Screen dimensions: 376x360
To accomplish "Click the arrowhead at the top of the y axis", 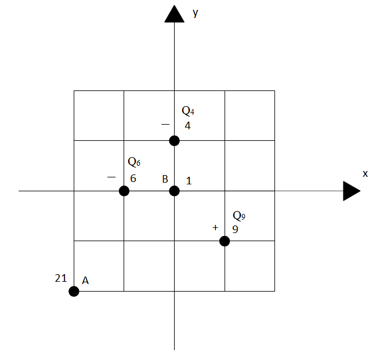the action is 174,14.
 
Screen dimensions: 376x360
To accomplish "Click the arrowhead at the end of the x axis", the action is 352,191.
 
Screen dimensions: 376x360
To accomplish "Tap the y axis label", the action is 196,13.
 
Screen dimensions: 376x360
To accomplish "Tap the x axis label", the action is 365,174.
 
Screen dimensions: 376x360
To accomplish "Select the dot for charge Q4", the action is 174,141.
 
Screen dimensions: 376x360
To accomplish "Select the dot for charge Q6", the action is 124,191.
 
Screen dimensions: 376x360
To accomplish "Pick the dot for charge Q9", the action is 225,241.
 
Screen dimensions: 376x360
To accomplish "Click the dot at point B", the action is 174,191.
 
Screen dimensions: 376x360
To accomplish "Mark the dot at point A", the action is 74,291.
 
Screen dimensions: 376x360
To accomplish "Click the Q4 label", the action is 188,111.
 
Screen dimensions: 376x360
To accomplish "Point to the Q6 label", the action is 134,162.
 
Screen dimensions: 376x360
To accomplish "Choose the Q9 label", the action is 239,216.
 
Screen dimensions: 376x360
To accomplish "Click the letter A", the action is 85,281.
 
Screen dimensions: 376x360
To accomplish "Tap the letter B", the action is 165,179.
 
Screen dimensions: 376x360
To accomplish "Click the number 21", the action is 61,278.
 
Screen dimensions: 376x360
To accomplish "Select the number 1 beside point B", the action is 189,181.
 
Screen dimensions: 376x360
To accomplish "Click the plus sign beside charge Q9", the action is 215,227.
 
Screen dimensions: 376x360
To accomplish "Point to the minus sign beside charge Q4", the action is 165,124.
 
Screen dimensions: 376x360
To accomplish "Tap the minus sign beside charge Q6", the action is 111,177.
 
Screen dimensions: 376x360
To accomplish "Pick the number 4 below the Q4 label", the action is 187,126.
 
